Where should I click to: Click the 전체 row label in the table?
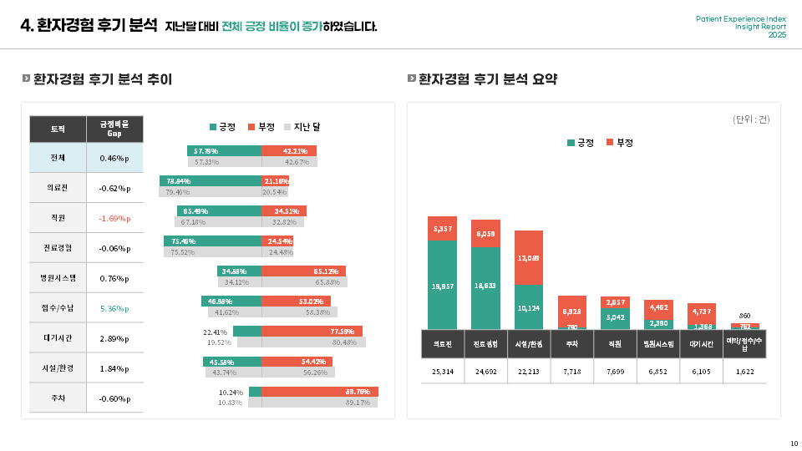[x=58, y=158]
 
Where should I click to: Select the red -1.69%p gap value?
[x=114, y=218]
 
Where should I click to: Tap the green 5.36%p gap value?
[x=114, y=308]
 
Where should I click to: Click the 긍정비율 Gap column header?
[x=114, y=129]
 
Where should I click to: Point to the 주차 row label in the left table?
[x=58, y=398]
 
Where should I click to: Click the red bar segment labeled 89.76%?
[x=320, y=392]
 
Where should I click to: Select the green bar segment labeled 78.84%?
[x=211, y=181]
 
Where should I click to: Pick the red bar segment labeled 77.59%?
[x=312, y=332]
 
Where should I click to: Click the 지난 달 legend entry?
[x=302, y=127]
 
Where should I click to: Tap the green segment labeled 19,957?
[x=443, y=286]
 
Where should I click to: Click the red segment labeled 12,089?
[x=529, y=258]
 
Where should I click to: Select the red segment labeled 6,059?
[x=485, y=233]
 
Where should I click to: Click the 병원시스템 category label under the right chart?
[x=658, y=343]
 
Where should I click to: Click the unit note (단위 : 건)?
[x=751, y=119]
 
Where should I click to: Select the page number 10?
[x=794, y=443]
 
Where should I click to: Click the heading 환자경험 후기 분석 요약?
[x=488, y=79]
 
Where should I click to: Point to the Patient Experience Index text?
[x=741, y=18]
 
